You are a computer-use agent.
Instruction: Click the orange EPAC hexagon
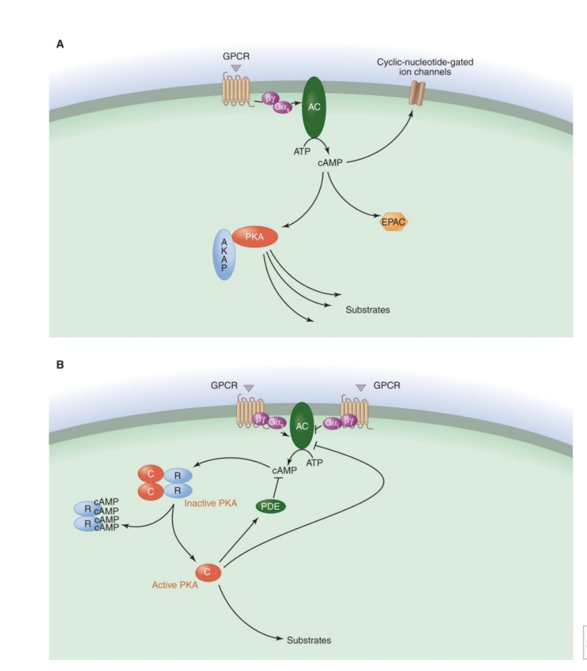[x=394, y=222]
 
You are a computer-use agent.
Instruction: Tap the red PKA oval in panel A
[x=255, y=237]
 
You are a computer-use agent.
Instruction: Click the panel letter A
[x=60, y=44]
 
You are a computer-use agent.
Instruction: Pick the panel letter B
[x=60, y=364]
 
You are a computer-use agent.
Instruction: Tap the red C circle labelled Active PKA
[x=208, y=573]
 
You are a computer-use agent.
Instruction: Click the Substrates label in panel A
[x=367, y=310]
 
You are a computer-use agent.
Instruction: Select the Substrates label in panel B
[x=309, y=640]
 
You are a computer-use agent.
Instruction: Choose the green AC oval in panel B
[x=302, y=427]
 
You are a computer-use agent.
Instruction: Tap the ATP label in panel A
[x=302, y=151]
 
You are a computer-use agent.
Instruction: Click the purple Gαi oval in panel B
[x=331, y=423]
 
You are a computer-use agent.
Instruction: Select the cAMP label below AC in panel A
[x=330, y=163]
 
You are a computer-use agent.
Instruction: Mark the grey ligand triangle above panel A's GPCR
[x=236, y=68]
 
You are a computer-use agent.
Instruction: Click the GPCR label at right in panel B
[x=387, y=385]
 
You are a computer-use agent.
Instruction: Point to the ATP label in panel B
[x=315, y=463]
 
